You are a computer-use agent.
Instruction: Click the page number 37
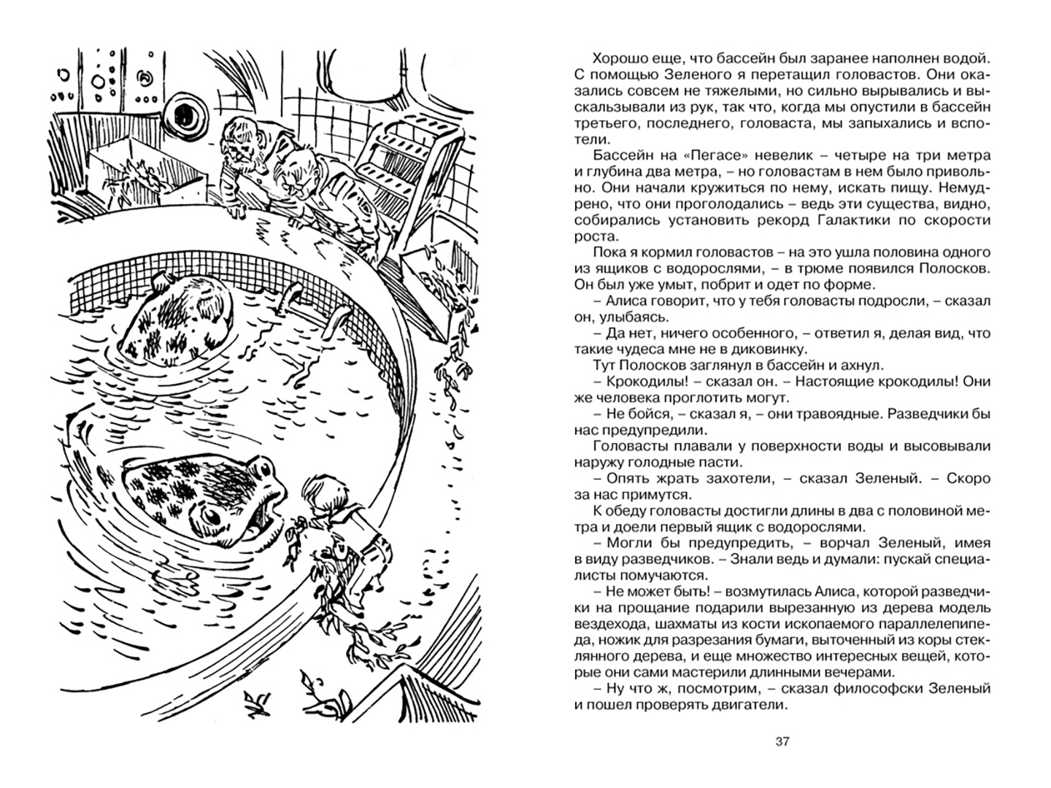[x=782, y=742]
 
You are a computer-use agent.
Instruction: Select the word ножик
[x=616, y=640]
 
